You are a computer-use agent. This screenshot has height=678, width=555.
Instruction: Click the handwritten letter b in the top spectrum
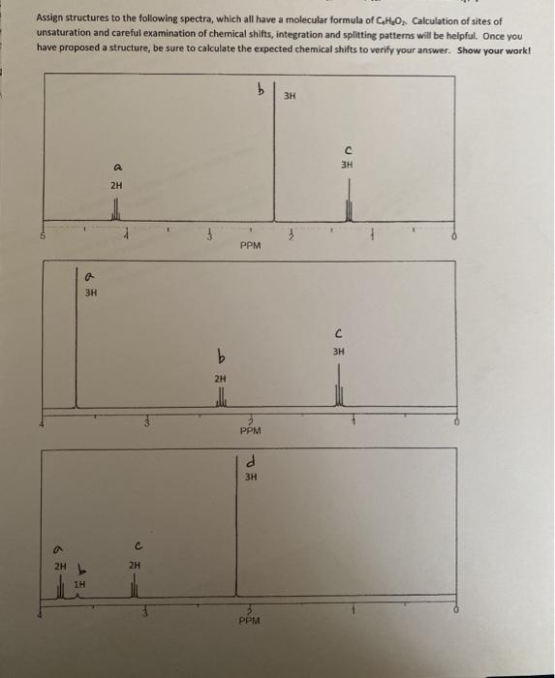click(x=260, y=91)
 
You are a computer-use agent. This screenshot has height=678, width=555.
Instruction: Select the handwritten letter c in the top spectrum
click(x=346, y=149)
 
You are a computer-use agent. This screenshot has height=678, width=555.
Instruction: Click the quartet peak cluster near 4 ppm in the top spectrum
click(x=116, y=209)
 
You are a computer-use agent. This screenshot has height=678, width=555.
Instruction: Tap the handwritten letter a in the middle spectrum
click(x=90, y=275)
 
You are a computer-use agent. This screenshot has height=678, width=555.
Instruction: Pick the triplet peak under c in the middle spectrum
click(x=339, y=394)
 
